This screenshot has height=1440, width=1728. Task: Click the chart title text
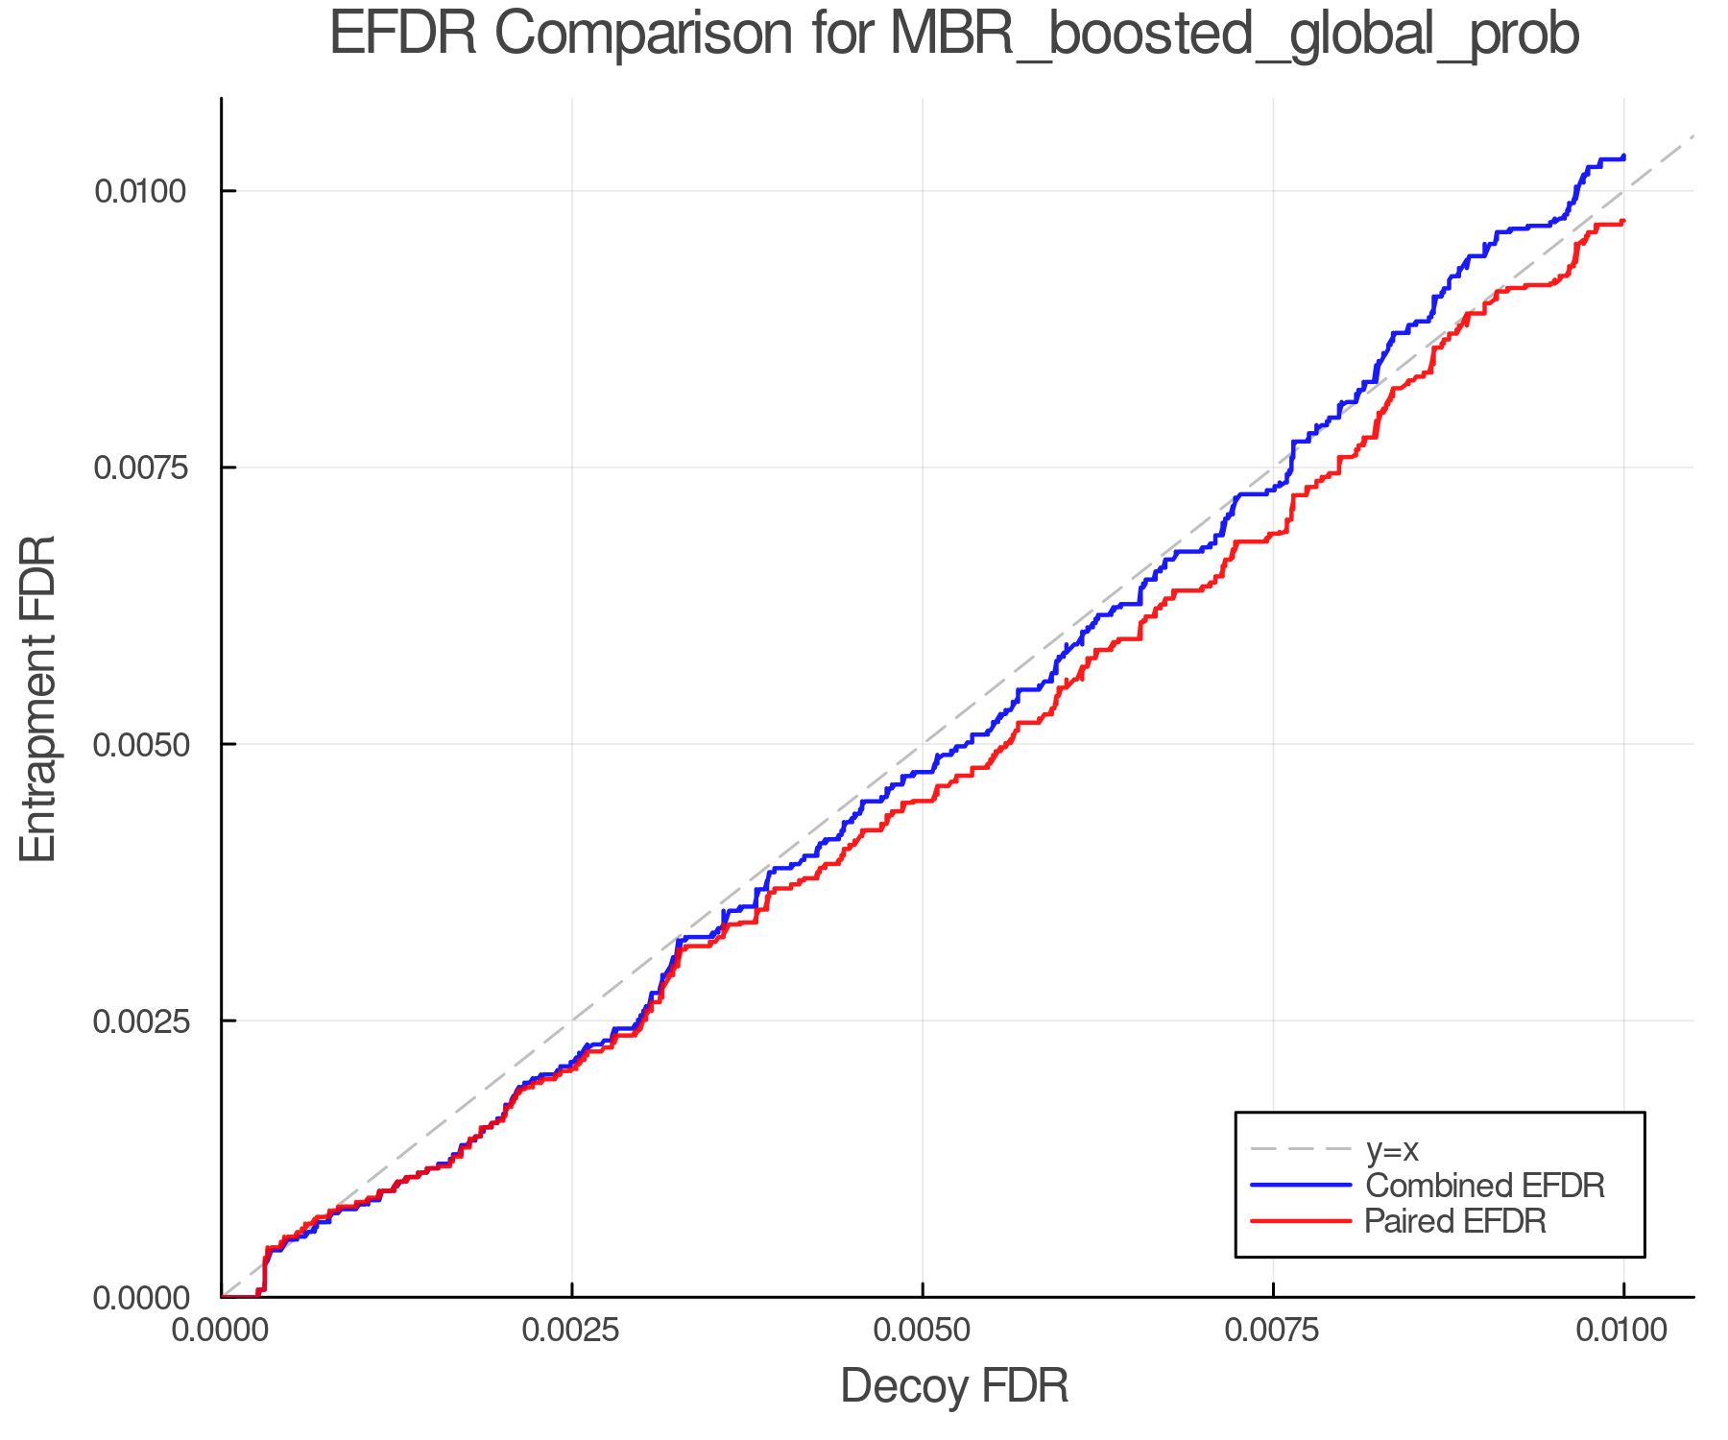click(954, 35)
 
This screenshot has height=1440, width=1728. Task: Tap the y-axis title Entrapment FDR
click(38, 698)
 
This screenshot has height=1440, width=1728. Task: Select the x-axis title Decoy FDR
click(954, 1386)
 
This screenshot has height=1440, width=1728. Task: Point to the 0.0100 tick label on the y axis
click(139, 191)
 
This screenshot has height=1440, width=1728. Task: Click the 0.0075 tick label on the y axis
click(139, 468)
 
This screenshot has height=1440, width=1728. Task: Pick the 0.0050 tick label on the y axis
click(139, 744)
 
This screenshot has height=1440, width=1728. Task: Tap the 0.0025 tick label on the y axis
click(139, 1020)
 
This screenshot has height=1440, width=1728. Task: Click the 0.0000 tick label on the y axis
click(139, 1298)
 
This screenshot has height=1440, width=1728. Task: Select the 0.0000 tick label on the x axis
click(222, 1331)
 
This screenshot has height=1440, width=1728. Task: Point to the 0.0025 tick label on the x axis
click(572, 1331)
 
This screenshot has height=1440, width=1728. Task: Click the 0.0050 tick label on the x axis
click(923, 1331)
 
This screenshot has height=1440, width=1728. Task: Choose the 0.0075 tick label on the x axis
click(1273, 1331)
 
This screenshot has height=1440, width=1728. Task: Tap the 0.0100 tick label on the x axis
click(1623, 1331)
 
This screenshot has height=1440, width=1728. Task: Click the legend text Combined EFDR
click(1484, 1186)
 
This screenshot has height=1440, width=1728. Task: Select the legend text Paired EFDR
click(1455, 1221)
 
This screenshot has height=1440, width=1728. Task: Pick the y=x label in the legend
click(1392, 1149)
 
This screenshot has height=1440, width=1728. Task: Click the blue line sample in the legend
click(1301, 1186)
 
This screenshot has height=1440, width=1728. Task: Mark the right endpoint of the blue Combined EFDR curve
click(1623, 156)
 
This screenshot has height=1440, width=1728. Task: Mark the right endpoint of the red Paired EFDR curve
click(1623, 222)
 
